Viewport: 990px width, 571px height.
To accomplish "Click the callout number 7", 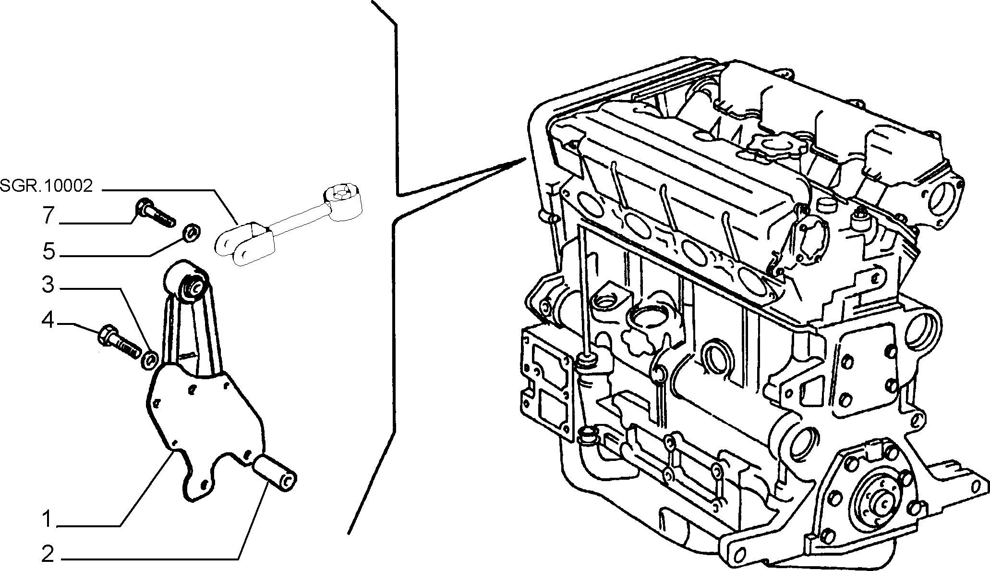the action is click(48, 216).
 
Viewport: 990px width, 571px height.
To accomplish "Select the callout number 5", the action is click(49, 251).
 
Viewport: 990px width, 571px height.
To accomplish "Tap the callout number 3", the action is click(48, 285).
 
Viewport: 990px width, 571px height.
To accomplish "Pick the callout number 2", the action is click(48, 555).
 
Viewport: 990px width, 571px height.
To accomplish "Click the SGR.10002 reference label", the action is click(46, 186).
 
